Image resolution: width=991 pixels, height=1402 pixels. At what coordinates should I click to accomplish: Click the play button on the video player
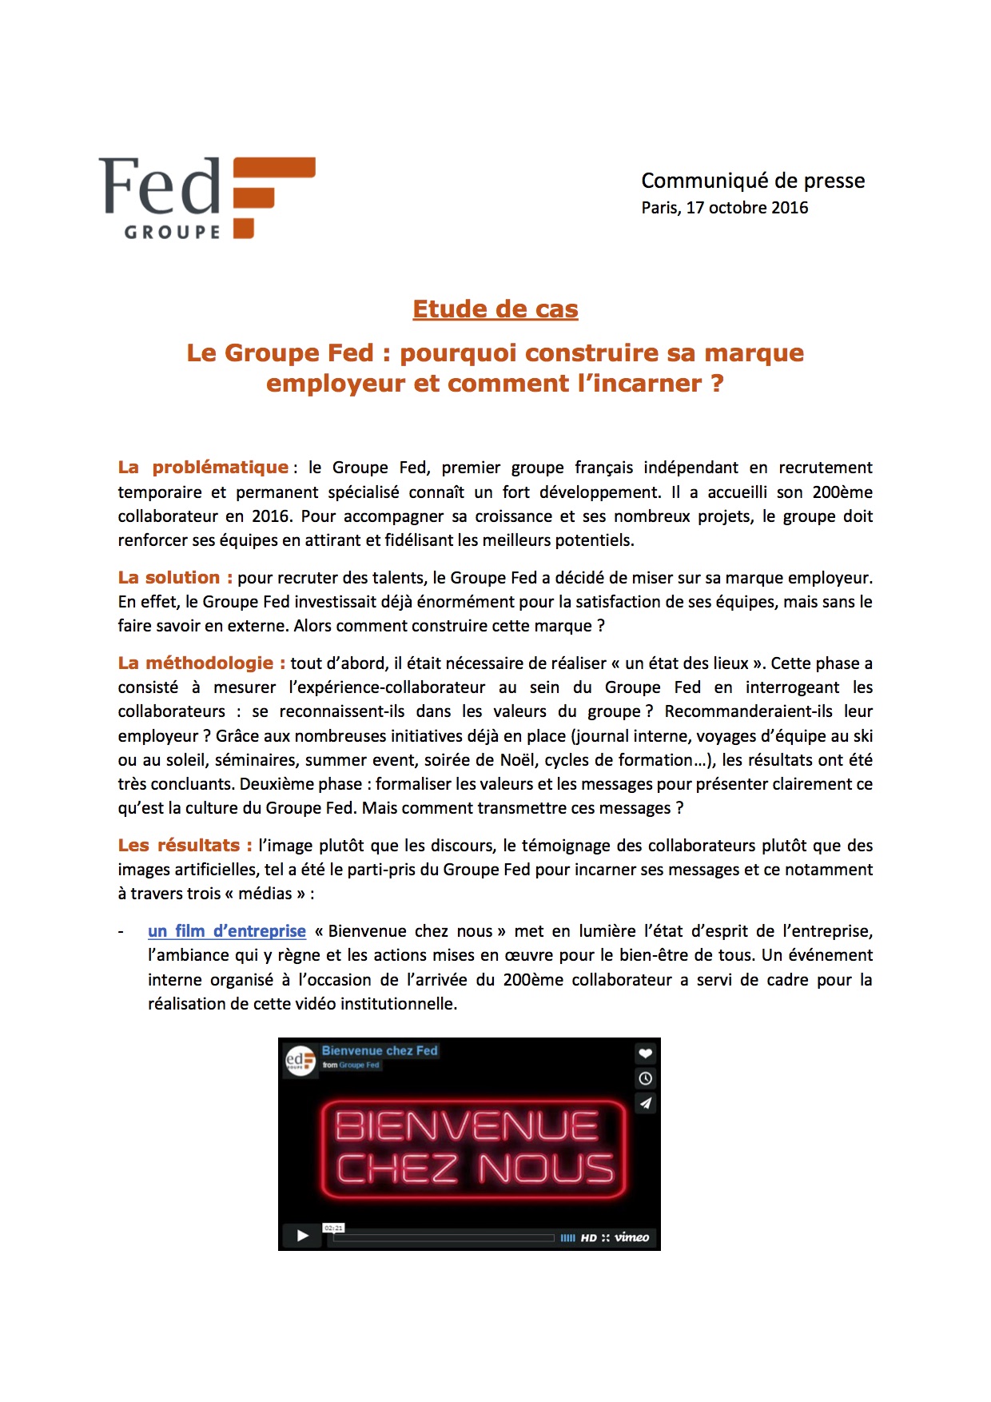pos(302,1235)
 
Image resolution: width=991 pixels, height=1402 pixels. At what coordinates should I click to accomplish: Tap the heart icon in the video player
pos(646,1053)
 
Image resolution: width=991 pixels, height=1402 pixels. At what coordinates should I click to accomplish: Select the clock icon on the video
pos(646,1078)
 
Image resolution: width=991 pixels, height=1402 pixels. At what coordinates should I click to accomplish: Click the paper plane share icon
pos(646,1103)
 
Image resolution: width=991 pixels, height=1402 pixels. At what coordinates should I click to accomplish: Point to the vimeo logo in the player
pos(631,1237)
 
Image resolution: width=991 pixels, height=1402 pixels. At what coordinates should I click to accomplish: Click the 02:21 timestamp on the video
pos(333,1228)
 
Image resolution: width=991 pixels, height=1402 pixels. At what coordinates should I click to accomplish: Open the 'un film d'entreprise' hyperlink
pos(227,930)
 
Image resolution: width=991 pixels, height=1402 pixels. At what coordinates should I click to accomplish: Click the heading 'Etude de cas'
pos(495,309)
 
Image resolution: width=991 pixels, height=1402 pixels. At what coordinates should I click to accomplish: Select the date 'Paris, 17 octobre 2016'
pos(724,208)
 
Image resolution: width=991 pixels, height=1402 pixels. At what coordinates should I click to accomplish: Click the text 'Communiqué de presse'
pos(753,181)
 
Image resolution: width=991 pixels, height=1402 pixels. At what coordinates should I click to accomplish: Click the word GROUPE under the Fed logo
pos(172,232)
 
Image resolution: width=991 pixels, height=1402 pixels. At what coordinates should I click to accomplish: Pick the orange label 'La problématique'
pos(203,467)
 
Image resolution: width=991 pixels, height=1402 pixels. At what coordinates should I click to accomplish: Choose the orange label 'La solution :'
pos(175,577)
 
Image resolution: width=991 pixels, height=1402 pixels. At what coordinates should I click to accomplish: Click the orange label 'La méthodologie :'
pos(201,663)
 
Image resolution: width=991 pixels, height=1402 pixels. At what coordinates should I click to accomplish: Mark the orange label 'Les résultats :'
pos(185,845)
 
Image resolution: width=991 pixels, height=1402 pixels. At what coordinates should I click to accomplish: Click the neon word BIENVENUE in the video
pos(467,1126)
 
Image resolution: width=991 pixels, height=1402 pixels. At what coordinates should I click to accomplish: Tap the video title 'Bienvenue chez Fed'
pos(380,1050)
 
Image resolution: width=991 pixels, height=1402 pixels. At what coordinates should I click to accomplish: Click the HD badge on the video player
pos(589,1237)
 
